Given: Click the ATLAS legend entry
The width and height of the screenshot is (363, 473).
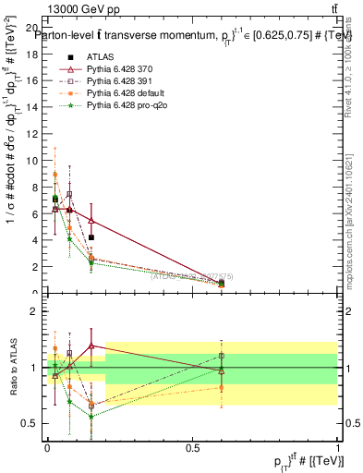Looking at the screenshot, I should (x=100, y=57).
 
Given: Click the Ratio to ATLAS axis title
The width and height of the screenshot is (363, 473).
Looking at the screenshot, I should (x=12, y=368).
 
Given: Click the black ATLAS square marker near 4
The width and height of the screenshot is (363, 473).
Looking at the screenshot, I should (x=91, y=237).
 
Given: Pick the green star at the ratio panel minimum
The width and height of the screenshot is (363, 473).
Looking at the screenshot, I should (x=91, y=417).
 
